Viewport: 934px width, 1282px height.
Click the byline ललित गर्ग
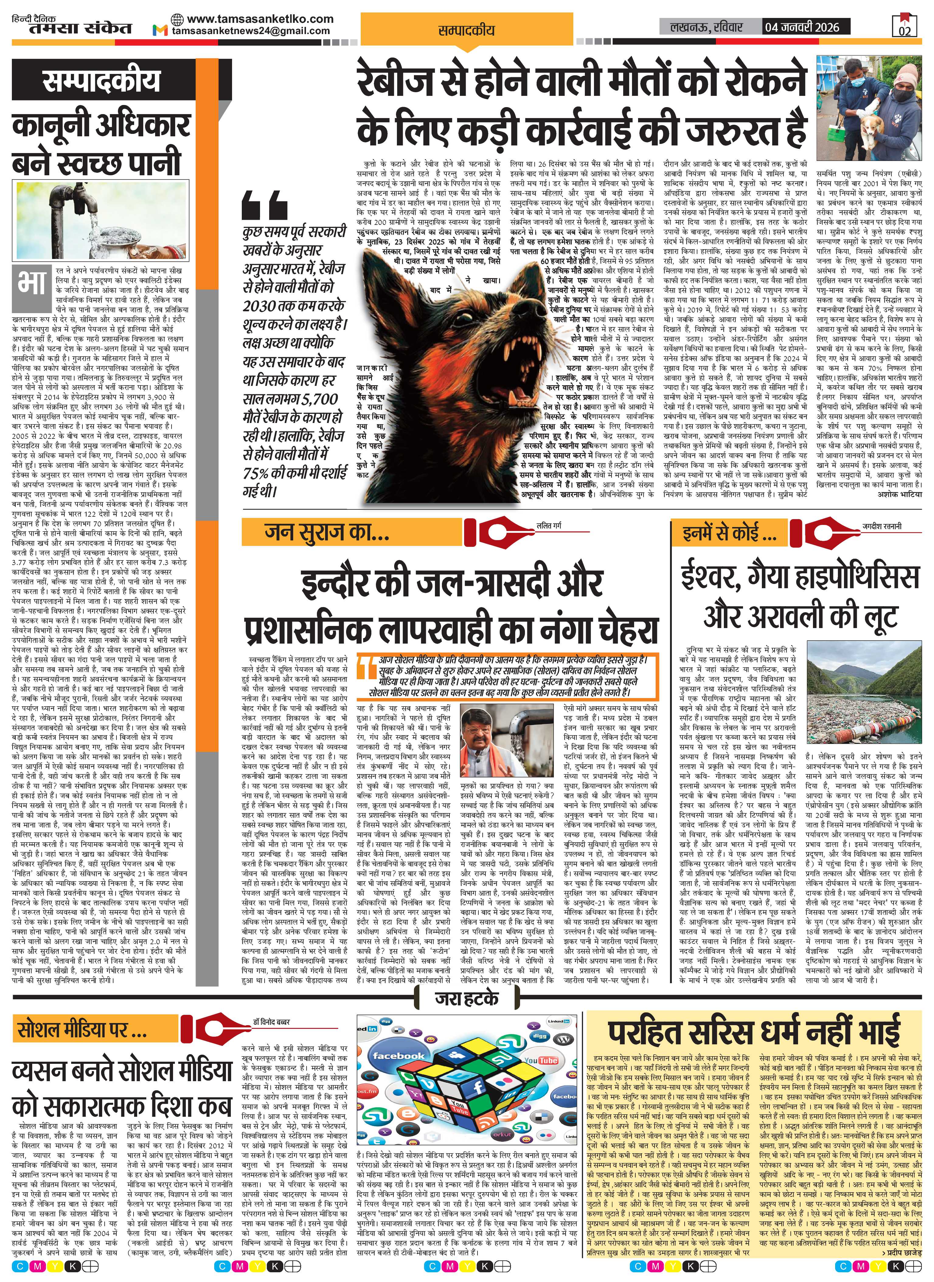click(549, 526)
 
